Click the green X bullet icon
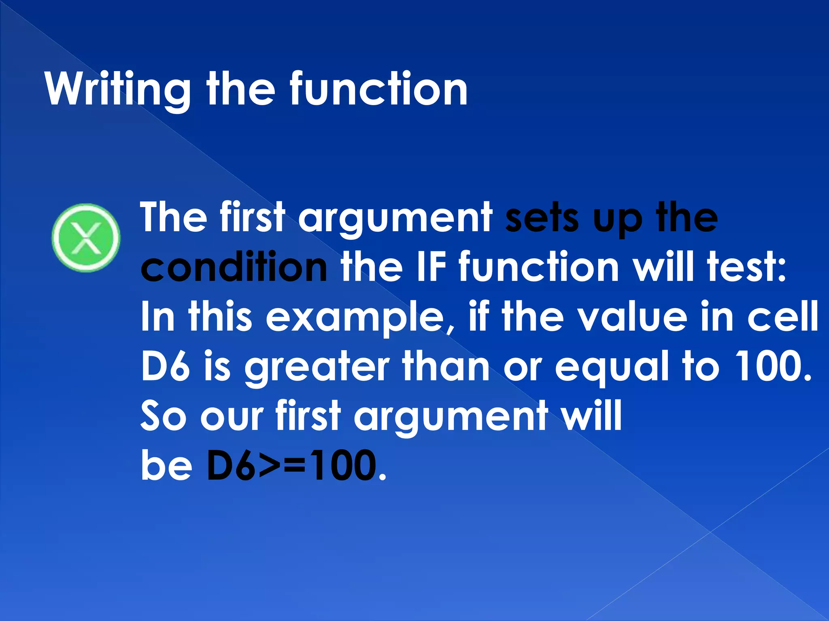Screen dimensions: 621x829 pos(86,238)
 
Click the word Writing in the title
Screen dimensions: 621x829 pos(118,89)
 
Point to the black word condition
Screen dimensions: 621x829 pos(234,267)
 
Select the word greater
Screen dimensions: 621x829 pos(317,367)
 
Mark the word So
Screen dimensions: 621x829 pos(163,416)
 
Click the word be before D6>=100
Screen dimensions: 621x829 pos(166,466)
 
